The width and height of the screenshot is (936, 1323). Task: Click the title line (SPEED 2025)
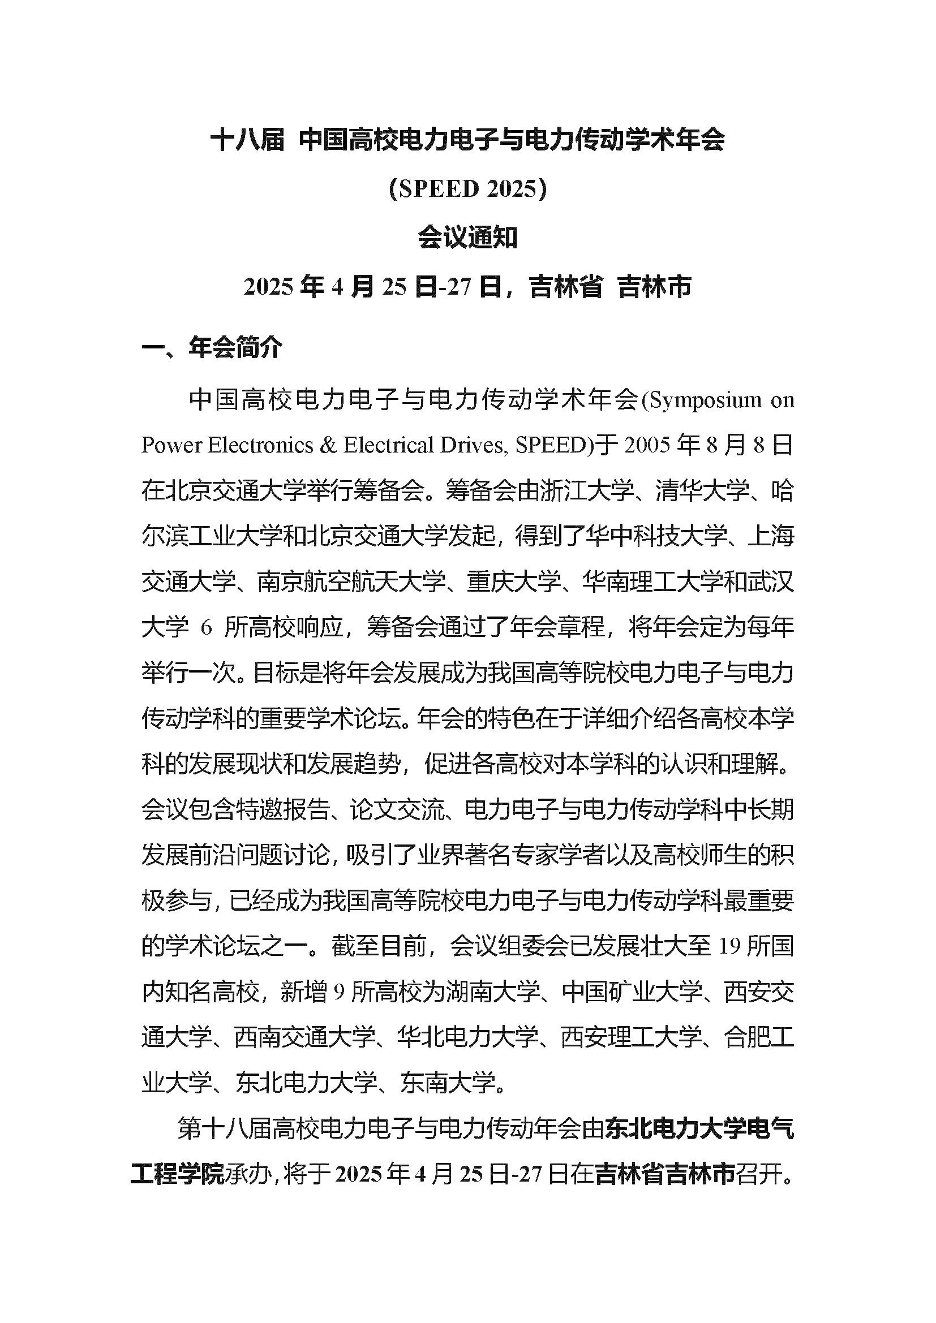[467, 189]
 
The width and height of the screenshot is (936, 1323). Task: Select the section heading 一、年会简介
[212, 348]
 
